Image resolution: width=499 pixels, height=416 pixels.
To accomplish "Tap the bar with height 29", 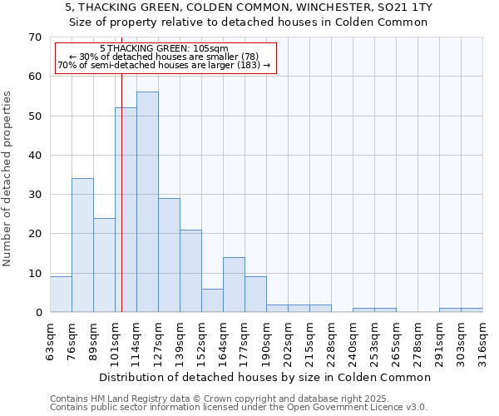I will pos(169,255).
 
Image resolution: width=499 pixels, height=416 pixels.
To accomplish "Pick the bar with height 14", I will pos(234,285).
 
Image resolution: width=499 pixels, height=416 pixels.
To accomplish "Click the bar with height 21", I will pos(190,270).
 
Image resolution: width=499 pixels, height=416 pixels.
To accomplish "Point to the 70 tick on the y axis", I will pos(34,37).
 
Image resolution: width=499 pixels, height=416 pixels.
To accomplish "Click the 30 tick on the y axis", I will pos(34,195).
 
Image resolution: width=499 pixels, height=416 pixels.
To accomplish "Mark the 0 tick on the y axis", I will pos(38,313).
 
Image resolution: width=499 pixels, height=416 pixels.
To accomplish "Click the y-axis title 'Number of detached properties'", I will pos(8,179).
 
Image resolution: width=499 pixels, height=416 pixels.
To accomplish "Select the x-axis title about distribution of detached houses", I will pos(265,377).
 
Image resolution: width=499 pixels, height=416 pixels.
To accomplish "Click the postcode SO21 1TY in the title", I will pos(408,7).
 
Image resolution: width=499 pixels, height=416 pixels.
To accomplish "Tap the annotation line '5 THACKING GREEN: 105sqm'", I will pos(164,49).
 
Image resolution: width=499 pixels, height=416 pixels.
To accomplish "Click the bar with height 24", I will pos(104,265).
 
